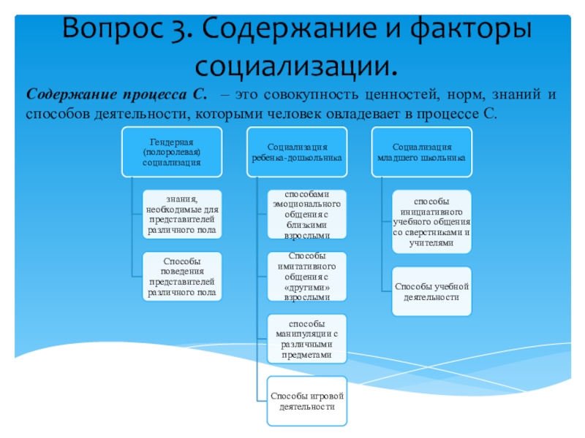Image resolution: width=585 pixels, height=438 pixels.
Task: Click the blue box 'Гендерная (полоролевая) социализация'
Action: coord(171,151)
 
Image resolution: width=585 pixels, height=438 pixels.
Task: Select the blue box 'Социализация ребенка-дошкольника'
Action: coord(297,151)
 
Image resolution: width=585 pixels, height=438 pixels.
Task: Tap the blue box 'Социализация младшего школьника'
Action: coord(422,151)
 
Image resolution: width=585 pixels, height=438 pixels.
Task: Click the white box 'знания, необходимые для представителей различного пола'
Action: coord(182,213)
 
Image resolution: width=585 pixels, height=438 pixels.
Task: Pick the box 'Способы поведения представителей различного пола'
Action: coord(182,276)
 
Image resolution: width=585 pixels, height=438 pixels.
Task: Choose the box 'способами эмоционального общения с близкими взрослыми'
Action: coord(306,213)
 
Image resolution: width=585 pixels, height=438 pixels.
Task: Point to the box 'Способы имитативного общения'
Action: coord(306,276)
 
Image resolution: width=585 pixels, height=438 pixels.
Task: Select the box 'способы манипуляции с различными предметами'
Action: coord(306,339)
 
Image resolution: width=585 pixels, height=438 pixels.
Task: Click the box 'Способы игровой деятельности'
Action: coord(306,400)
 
